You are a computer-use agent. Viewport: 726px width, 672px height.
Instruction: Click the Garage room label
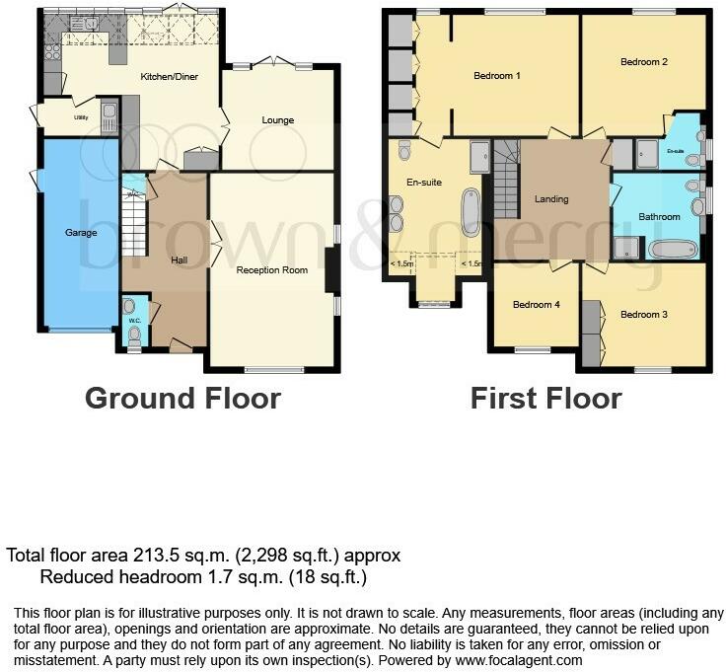(x=81, y=233)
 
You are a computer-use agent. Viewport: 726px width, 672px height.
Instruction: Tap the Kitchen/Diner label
(x=166, y=76)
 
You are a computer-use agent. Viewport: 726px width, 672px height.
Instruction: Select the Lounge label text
(x=277, y=120)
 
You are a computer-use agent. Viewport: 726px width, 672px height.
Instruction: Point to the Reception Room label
(x=271, y=269)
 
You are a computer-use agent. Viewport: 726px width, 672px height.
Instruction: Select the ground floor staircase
(x=132, y=222)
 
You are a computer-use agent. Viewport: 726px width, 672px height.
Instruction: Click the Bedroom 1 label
(x=496, y=76)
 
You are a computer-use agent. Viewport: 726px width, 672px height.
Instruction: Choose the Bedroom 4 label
(x=536, y=305)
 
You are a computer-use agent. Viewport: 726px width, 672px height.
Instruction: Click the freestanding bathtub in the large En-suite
(x=470, y=210)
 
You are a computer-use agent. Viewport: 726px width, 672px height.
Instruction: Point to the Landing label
(x=550, y=199)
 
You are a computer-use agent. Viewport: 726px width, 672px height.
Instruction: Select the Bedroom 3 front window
(x=652, y=370)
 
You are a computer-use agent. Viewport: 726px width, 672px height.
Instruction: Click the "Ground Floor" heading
(x=182, y=399)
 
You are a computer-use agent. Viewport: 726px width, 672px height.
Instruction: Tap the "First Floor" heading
(x=545, y=399)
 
